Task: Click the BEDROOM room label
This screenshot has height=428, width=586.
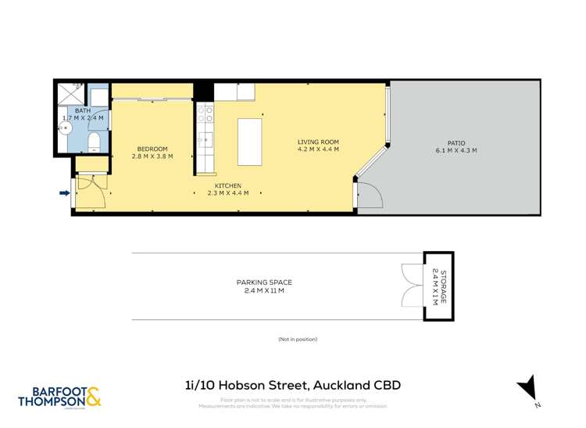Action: pos(152,149)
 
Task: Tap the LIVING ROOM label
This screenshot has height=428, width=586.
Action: pos(318,142)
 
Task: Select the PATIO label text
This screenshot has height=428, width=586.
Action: pos(456,142)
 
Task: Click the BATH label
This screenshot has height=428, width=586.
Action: pos(83,111)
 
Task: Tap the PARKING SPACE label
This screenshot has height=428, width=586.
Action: pos(264,282)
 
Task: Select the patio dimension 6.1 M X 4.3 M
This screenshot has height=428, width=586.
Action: pos(456,150)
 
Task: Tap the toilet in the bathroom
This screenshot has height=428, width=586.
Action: pos(93,141)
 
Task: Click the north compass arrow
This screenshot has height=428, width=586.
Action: pos(528,387)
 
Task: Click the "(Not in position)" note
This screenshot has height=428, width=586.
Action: pos(297,340)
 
